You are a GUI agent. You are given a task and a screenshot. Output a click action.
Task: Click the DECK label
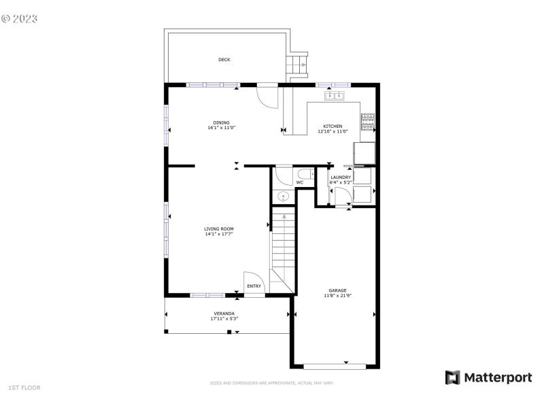224,60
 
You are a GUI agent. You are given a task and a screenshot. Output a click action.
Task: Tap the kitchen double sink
335,96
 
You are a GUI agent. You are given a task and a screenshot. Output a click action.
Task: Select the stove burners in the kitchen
367,121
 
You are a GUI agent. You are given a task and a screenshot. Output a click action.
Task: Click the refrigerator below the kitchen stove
364,153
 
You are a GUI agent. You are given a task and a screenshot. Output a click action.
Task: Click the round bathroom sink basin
282,197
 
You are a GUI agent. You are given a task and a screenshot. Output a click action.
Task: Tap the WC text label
299,183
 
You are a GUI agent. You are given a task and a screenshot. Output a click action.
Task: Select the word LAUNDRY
340,177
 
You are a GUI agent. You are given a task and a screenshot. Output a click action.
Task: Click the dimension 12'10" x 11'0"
333,131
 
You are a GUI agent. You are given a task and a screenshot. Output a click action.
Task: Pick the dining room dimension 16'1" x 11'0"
221,128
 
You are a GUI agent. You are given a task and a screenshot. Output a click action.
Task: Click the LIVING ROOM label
219,228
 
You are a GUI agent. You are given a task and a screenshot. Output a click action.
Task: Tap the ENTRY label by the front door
254,286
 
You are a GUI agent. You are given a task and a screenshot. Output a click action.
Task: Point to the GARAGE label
337,290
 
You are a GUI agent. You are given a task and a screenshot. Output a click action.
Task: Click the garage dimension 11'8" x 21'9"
337,296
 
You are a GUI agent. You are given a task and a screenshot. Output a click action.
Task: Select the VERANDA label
224,313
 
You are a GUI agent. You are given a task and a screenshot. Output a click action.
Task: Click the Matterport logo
488,377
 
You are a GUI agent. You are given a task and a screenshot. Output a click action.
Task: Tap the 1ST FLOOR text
24,388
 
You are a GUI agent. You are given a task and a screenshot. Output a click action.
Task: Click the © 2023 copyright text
20,18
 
